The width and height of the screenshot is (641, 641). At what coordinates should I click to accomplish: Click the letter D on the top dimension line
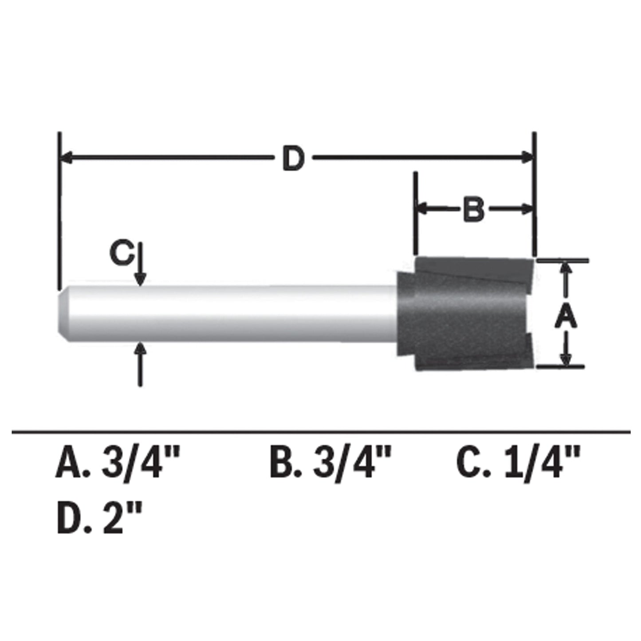click(293, 159)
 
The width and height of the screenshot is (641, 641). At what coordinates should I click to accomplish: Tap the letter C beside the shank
click(121, 254)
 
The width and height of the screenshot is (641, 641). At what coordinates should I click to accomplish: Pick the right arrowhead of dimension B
click(527, 209)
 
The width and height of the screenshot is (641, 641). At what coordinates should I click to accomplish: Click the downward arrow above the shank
click(141, 278)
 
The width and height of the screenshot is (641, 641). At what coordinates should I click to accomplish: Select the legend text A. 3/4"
click(118, 464)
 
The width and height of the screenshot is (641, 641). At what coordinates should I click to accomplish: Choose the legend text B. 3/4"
click(331, 464)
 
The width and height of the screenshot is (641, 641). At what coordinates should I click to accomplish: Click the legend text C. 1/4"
click(518, 464)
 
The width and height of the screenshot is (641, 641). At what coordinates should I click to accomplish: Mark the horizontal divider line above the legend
click(320, 431)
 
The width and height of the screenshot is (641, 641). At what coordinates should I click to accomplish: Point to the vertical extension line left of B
click(416, 213)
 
